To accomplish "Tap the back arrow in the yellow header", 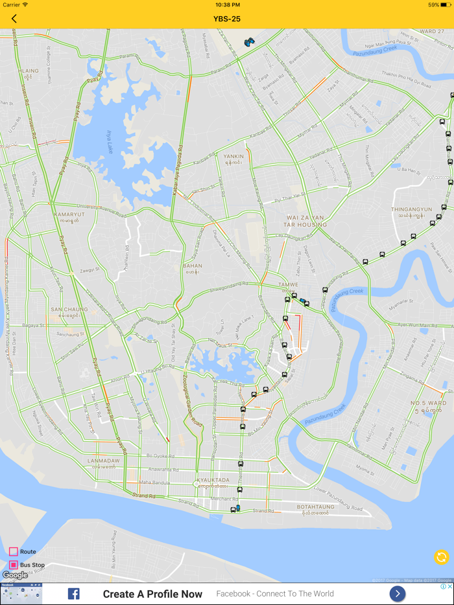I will click(14, 19).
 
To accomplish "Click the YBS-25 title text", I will click(227, 19).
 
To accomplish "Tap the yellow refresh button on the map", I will click(441, 557).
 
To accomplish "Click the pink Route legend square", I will click(13, 552).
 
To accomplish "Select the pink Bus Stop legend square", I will click(13, 565).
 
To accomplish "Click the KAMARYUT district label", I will click(69, 214).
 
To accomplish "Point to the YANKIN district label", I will click(233, 156).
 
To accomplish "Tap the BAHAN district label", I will click(193, 266).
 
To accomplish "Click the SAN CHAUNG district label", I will click(69, 310).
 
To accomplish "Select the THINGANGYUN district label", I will click(411, 209).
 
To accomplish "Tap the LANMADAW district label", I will click(104, 461).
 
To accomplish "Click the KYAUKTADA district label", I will click(213, 480).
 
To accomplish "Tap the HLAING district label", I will click(29, 71).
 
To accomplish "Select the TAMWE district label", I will click(287, 284).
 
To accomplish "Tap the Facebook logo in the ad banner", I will click(74, 593).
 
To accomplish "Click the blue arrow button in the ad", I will click(398, 593).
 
